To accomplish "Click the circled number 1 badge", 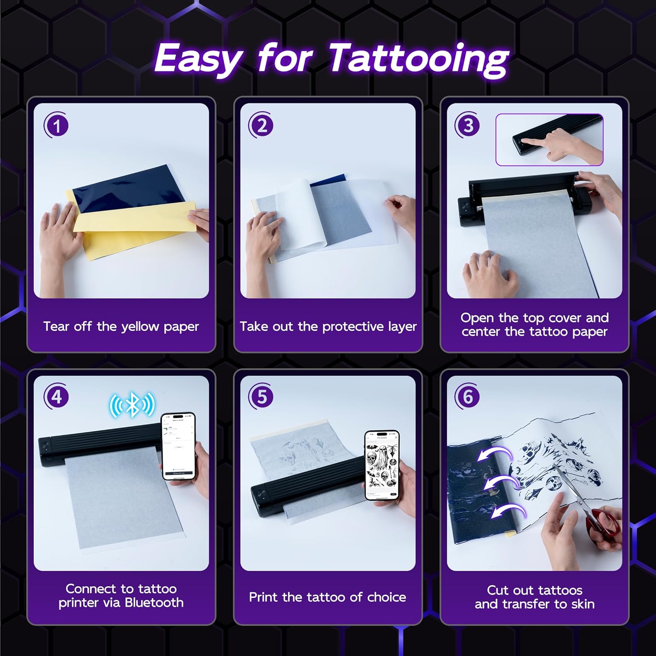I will pos(56,126).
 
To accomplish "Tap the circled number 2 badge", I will pos(262,126).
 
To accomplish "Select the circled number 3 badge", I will pos(468,126).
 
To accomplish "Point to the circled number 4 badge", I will pos(56,397).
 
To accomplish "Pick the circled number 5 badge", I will pos(262,397).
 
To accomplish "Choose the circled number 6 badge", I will pos(468,397).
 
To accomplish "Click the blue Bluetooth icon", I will pos(132,405).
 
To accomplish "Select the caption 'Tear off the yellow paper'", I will pos(121,326).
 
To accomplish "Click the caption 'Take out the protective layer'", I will pos(328,326).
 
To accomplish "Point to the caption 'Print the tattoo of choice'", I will pos(328,597).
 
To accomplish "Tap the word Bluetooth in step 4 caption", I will pos(154,603).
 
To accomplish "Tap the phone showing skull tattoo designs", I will pos(382,465).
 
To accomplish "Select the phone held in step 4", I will pos(178,446).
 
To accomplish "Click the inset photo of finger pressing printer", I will pos(549,140).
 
